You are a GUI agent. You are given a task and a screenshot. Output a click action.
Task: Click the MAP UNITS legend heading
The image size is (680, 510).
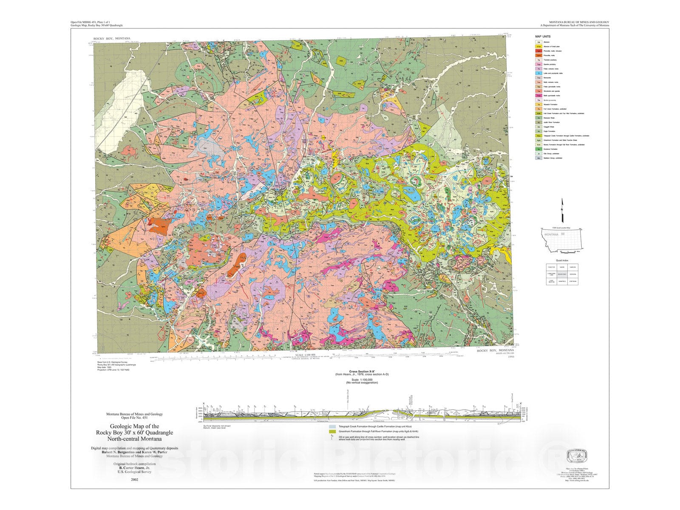click(543, 37)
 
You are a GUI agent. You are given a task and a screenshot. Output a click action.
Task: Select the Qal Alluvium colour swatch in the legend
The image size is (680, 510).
click(538, 42)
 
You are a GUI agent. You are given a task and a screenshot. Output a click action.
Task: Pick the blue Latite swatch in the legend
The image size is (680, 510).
click(538, 73)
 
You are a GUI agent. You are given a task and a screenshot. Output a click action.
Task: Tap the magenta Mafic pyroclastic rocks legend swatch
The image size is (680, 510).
click(538, 96)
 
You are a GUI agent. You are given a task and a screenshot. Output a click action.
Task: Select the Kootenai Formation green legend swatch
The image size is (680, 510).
click(538, 149)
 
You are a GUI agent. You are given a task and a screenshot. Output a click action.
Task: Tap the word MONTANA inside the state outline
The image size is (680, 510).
click(551, 235)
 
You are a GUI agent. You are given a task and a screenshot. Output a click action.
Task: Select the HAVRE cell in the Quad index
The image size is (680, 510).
click(562, 267)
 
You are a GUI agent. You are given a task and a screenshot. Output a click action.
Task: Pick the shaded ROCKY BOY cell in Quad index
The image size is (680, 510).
click(562, 274)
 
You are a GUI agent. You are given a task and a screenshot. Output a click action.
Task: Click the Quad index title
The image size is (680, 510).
click(562, 260)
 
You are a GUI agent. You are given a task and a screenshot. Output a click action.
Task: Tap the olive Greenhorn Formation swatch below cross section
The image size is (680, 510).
click(332, 431)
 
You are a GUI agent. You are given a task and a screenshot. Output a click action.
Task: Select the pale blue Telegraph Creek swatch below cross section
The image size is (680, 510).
click(332, 426)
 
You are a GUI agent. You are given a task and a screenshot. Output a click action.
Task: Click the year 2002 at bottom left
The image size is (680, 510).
click(134, 480)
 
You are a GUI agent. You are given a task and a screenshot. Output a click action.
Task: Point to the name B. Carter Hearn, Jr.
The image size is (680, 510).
click(134, 467)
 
